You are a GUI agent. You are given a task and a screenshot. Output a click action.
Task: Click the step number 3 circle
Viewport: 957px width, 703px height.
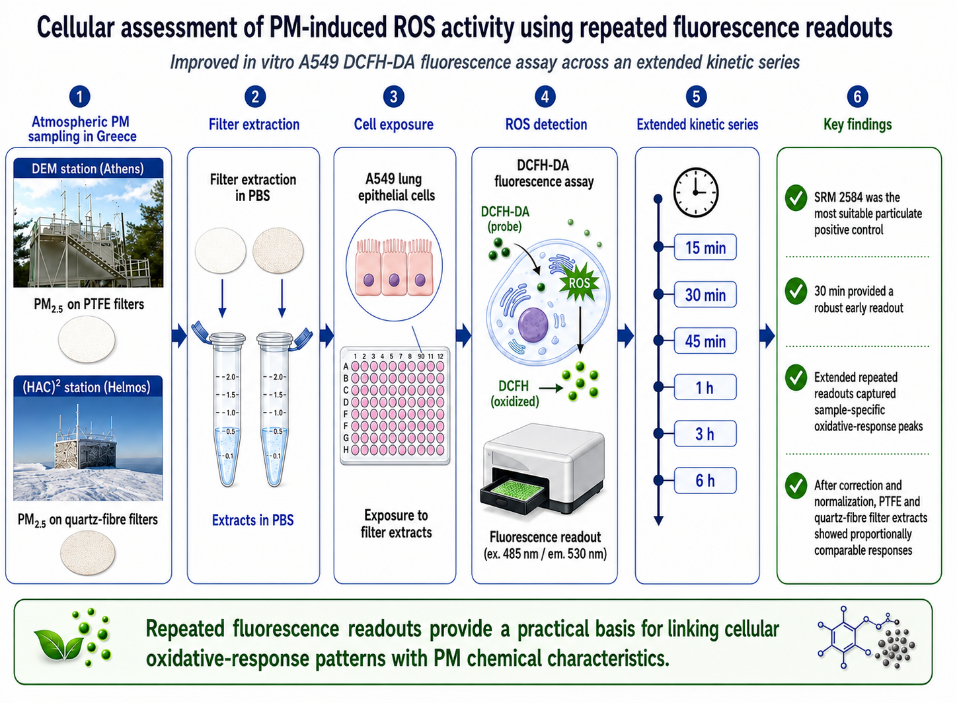pos(393,97)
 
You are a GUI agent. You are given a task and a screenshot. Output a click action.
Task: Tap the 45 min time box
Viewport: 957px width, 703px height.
pos(705,341)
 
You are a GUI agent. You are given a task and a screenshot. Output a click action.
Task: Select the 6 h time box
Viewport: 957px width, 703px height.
pos(705,481)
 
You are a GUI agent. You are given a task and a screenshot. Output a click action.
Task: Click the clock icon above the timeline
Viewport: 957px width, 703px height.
pos(696,192)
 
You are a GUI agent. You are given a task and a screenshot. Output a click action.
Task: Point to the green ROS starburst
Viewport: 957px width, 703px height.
pos(580,282)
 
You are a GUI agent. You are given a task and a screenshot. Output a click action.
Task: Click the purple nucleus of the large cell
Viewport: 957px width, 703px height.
pos(533,325)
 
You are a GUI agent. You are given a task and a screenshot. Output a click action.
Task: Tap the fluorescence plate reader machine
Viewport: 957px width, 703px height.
pos(543,469)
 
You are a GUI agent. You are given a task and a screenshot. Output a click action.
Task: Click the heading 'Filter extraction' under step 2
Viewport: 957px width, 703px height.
pos(254,124)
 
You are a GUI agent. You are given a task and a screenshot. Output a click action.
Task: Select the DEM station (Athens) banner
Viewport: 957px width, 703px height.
pos(89,169)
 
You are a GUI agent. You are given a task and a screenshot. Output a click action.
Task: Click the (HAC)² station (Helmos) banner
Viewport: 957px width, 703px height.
pos(88,387)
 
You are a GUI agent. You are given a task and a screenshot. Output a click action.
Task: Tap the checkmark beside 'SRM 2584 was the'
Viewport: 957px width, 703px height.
pos(796,198)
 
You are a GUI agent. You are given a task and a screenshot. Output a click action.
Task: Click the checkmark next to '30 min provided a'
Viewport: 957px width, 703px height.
pos(796,291)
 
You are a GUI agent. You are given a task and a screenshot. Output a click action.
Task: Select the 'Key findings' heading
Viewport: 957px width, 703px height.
pos(857,124)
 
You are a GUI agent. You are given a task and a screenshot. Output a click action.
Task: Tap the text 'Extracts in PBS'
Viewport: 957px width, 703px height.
pos(253,520)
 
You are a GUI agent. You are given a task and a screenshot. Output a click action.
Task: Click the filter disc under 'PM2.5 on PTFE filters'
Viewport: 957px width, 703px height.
pos(87,339)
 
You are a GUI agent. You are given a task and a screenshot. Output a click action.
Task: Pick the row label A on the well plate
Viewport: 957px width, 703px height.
pos(346,366)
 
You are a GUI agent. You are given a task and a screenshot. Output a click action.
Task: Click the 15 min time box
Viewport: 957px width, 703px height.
pos(705,247)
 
